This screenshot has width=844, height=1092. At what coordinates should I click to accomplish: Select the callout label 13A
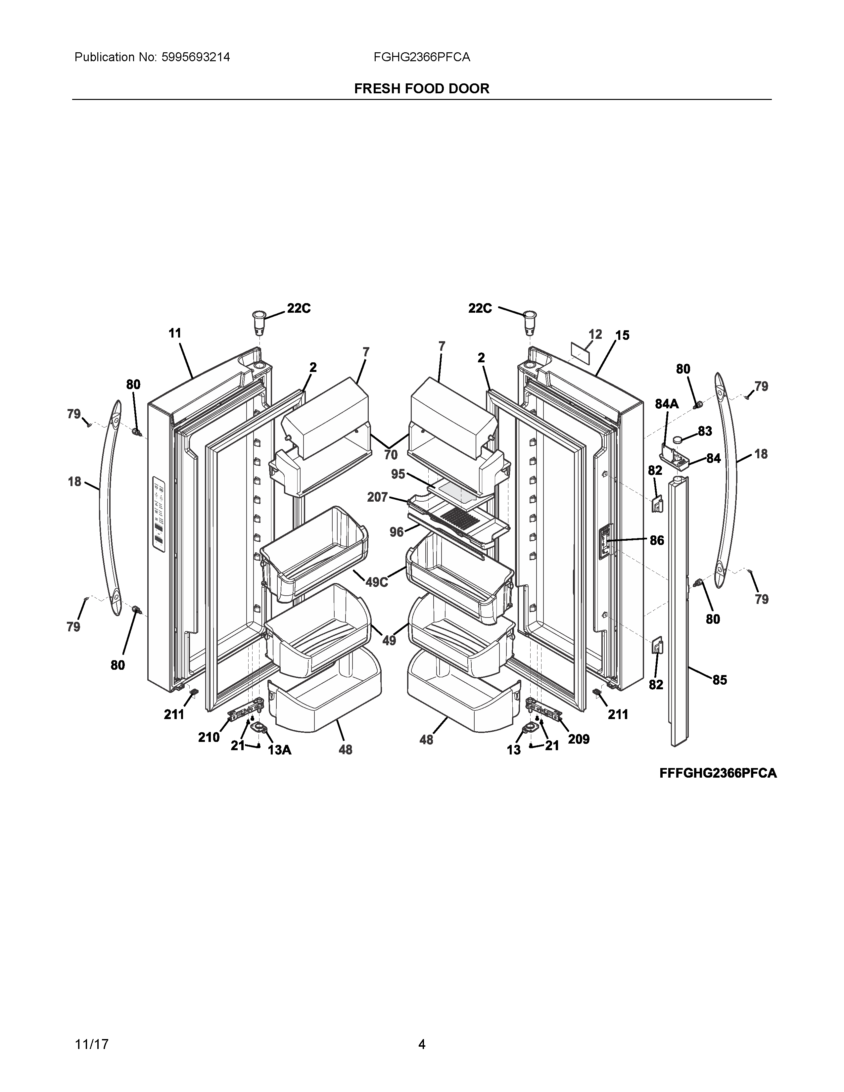(279, 750)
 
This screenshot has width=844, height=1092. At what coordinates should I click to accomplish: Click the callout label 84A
(667, 404)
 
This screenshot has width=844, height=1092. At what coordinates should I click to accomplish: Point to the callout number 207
(378, 497)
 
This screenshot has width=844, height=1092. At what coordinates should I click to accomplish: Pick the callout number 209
(579, 739)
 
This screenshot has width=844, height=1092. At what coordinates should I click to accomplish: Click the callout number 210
(209, 737)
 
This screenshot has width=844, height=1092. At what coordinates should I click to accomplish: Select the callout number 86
(657, 540)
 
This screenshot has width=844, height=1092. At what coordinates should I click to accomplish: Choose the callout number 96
(397, 532)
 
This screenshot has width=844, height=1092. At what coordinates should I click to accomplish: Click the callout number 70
(391, 454)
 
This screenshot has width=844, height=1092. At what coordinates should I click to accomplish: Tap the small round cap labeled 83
(678, 439)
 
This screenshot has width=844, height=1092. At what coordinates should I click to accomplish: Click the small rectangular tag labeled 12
(580, 353)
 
